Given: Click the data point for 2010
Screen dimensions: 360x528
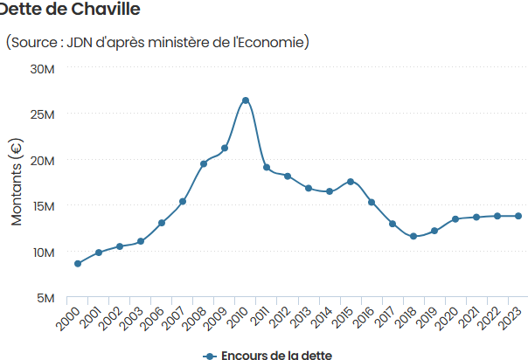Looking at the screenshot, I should [246, 100].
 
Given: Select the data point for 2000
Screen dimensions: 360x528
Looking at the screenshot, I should [78, 263].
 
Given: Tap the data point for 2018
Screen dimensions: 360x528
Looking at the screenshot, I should [413, 236].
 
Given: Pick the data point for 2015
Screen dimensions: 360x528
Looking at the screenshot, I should [351, 181].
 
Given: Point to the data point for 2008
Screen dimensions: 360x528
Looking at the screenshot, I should [204, 163].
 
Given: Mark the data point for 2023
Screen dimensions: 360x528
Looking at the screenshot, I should [518, 216].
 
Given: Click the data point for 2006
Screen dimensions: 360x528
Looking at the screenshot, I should [162, 223].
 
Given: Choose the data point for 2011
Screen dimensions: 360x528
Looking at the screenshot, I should [267, 167].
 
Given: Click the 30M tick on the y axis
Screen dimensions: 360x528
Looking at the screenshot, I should [43, 68].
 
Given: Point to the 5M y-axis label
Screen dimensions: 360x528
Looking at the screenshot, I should [45, 298].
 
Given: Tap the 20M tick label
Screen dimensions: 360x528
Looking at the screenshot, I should [43, 160].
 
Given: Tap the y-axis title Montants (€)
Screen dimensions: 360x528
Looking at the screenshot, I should [17, 182].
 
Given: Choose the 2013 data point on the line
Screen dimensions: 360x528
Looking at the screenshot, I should [309, 188].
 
